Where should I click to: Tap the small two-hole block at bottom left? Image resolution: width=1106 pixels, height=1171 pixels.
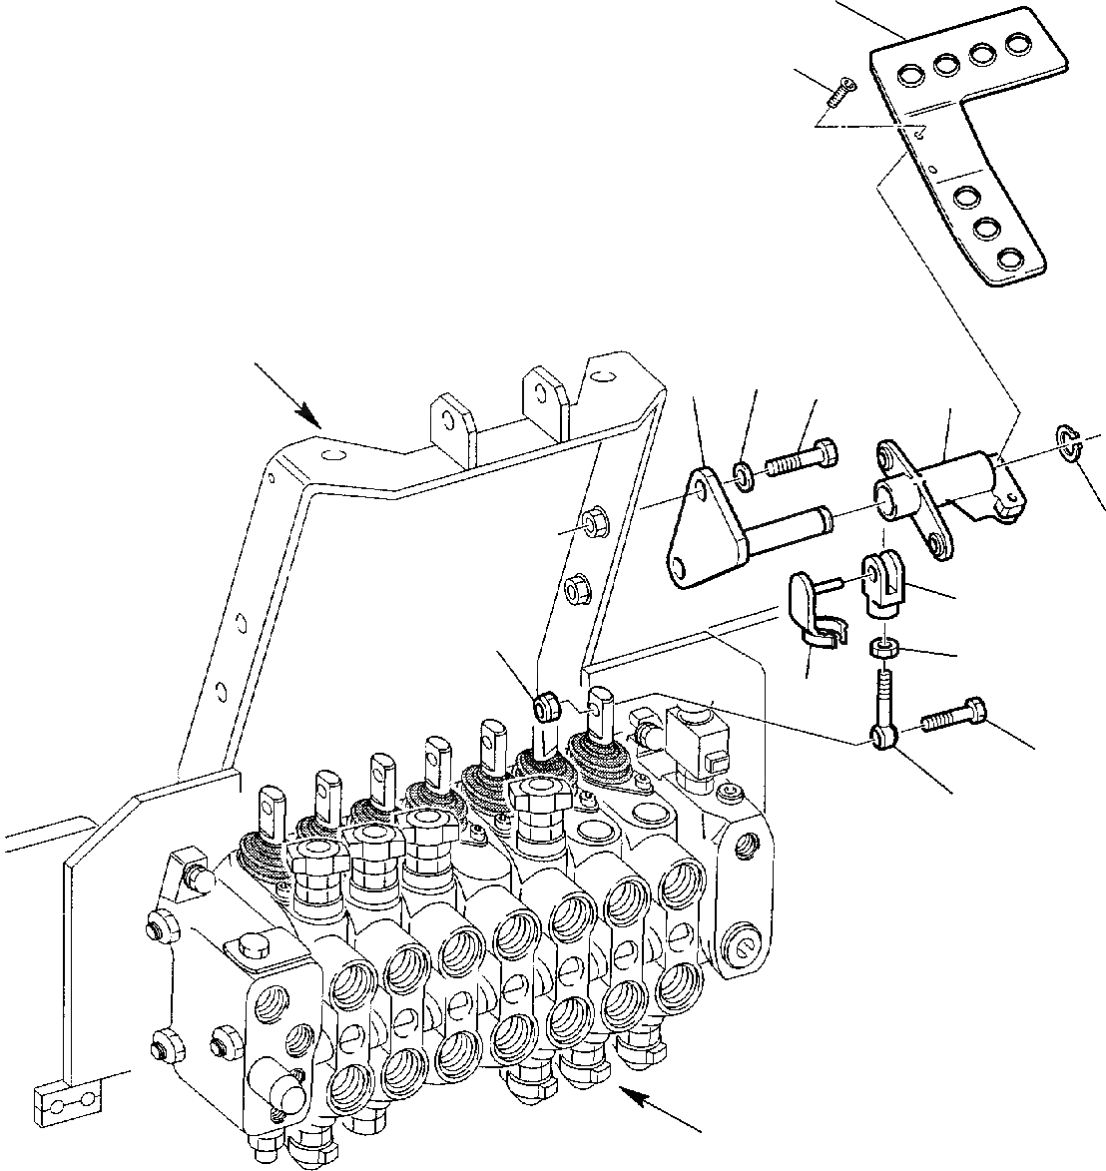[69, 1100]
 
